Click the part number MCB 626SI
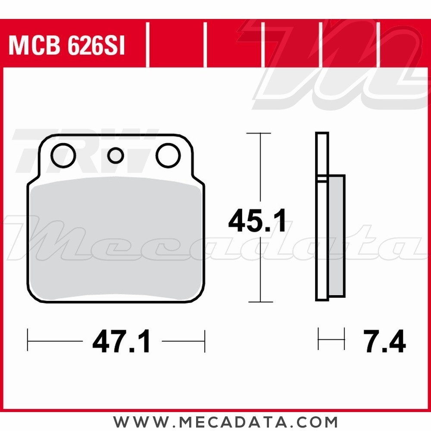(x=67, y=46)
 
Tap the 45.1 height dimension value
(x=257, y=221)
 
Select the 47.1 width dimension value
(x=122, y=341)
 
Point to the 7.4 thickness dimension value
(x=384, y=341)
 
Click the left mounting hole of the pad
(x=63, y=156)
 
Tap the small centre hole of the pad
(x=116, y=156)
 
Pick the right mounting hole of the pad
(x=168, y=156)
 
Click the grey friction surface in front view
(x=116, y=239)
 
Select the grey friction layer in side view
(x=337, y=236)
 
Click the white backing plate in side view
(x=322, y=216)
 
